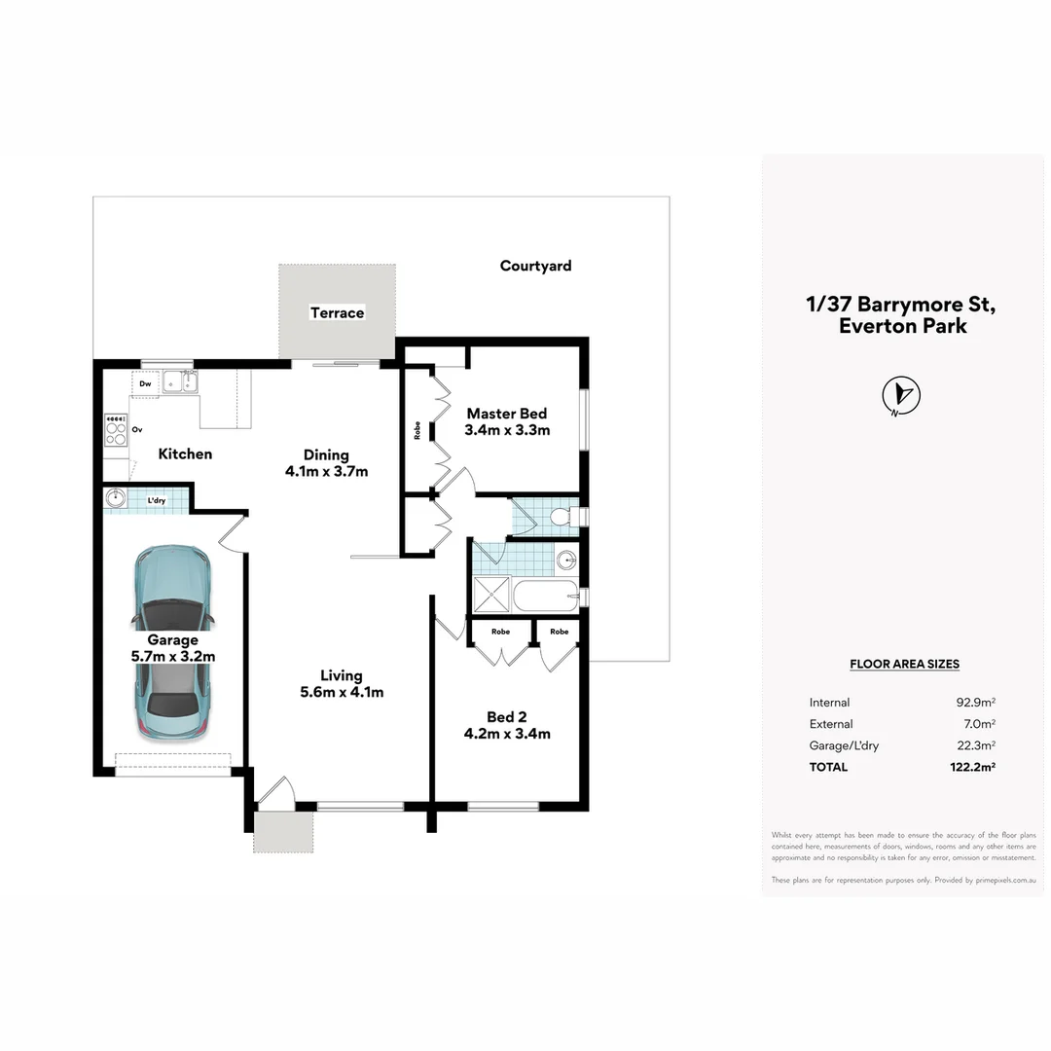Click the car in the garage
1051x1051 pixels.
(172, 642)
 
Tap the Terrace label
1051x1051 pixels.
(337, 312)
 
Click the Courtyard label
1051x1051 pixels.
(535, 266)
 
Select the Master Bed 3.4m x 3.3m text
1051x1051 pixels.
(507, 421)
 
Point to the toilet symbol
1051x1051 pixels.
(561, 517)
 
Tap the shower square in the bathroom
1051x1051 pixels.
(490, 595)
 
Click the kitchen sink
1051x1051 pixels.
(179, 382)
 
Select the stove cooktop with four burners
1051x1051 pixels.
(116, 430)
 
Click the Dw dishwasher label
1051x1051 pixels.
(145, 384)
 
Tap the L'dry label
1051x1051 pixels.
(156, 501)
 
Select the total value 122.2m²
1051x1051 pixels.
(975, 767)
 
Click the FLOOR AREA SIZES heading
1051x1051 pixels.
(904, 665)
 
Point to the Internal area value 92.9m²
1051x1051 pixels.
(975, 703)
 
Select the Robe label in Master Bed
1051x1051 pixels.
(417, 429)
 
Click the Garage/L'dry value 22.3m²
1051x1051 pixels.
(975, 745)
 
